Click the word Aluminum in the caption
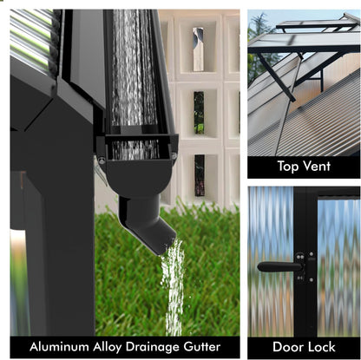coord(59,347)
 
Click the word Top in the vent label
coord(289,167)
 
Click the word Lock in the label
coord(320,347)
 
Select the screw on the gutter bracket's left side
coord(101,160)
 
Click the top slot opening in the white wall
coord(199,49)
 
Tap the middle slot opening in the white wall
coord(199,113)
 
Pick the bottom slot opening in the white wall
coord(200,175)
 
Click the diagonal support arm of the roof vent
coord(276,77)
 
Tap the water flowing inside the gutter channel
coord(134,69)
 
